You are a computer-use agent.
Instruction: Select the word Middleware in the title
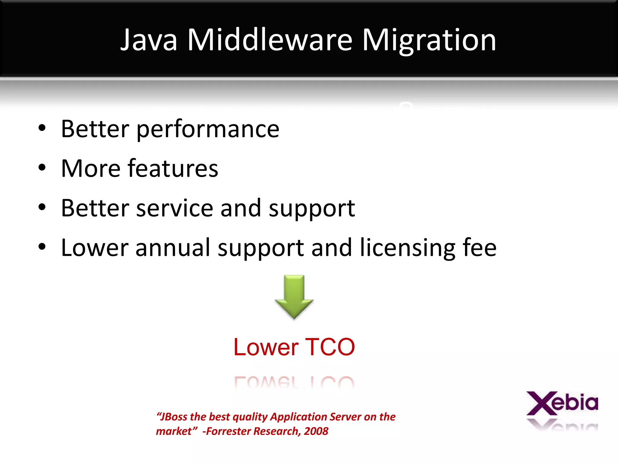tap(269, 40)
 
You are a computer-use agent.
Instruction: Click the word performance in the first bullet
tap(208, 129)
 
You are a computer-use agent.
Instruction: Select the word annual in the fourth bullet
tap(173, 247)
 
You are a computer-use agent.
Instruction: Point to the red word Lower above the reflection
tap(266, 347)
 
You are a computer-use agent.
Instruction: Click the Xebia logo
tap(562, 403)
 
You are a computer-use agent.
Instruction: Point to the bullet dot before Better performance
tap(42, 128)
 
